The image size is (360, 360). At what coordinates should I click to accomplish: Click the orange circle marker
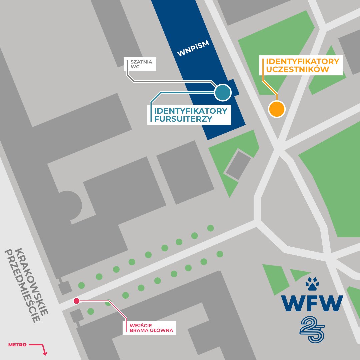tap(277, 109)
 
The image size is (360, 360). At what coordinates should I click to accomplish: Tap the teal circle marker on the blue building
tap(223, 92)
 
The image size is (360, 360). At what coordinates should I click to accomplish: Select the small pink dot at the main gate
tap(76, 301)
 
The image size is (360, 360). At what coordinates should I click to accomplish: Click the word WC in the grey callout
tap(135, 67)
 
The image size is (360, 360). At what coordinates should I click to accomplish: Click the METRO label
tap(17, 344)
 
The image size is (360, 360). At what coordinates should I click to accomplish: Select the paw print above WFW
tap(312, 284)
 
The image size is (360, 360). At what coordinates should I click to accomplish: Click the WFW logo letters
tap(312, 303)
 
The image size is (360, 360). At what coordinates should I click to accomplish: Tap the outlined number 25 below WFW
tap(312, 329)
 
